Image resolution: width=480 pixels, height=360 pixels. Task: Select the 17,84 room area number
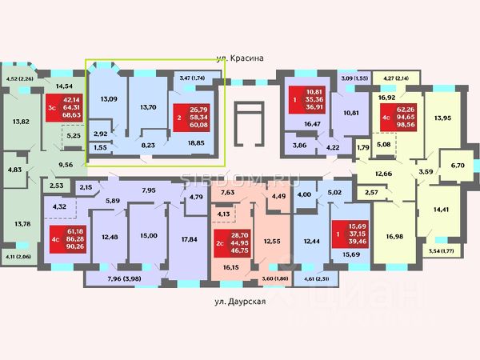click(190, 240)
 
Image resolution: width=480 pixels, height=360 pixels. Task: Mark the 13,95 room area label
click(441, 118)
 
